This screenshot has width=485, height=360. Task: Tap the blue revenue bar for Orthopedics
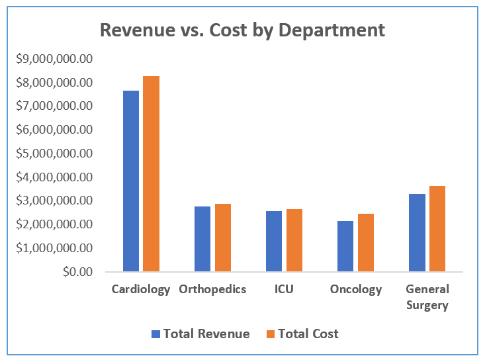(202, 239)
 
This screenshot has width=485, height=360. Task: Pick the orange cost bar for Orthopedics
(222, 238)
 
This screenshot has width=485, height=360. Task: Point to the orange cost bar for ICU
(294, 240)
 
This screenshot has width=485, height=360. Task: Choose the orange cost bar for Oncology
(365, 242)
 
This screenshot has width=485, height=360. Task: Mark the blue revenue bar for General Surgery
(417, 232)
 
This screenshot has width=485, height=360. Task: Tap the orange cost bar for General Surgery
(437, 228)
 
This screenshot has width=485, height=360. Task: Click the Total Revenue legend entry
(200, 334)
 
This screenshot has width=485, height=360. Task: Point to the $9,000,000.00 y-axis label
(54, 59)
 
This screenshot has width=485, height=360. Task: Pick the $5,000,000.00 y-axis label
(54, 154)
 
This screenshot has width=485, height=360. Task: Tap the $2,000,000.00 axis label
(54, 224)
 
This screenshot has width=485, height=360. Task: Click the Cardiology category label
(141, 289)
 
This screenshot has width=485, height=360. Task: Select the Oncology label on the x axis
(356, 289)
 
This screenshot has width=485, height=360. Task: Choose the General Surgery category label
(427, 297)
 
